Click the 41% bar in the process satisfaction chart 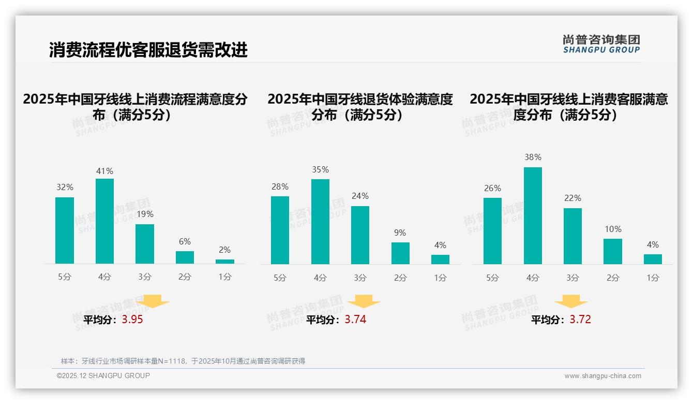104,221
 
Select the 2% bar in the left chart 225,262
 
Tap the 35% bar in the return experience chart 320,222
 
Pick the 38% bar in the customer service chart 533,215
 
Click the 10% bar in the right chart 613,251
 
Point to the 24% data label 360,196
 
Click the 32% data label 65,187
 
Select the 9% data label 400,233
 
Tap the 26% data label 492,189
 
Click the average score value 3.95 132,320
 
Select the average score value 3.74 355,320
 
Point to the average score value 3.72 580,320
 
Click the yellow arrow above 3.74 364,301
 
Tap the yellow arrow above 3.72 571,301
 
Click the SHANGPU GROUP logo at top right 601,44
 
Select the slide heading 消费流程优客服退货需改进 148,50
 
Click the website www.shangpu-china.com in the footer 602,376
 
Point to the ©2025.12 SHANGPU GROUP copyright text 103,376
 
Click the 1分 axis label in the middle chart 440,278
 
